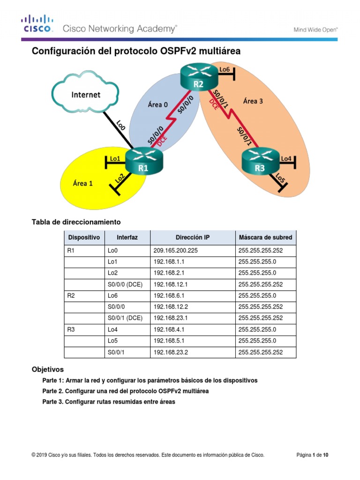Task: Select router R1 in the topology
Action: (142, 162)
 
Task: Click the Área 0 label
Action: (157, 105)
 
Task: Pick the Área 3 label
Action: (253, 100)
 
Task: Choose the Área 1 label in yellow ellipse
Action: (82, 183)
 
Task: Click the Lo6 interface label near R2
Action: (225, 69)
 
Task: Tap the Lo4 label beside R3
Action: (286, 159)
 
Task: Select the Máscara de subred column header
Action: (265, 238)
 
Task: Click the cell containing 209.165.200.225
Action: (175, 251)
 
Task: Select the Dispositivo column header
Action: (84, 238)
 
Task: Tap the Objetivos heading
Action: (47, 369)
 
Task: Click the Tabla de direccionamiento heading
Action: (76, 222)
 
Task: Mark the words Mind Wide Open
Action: (315, 29)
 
